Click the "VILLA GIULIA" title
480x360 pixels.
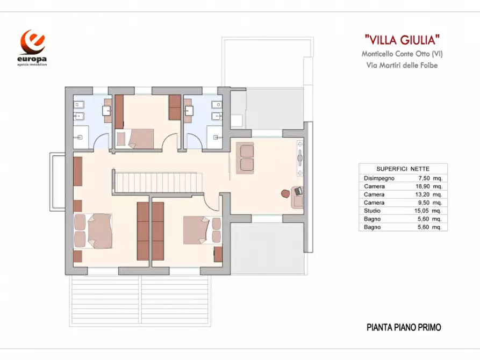click(403, 39)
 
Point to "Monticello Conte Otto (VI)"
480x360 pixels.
click(403, 54)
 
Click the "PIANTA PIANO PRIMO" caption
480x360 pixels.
click(404, 327)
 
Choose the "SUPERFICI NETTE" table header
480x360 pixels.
click(403, 168)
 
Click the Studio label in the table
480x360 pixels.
click(372, 211)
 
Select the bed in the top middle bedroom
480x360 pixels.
click(141, 139)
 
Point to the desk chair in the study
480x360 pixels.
click(285, 192)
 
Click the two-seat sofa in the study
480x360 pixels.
click(247, 157)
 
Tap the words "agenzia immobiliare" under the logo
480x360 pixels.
click(32, 65)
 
